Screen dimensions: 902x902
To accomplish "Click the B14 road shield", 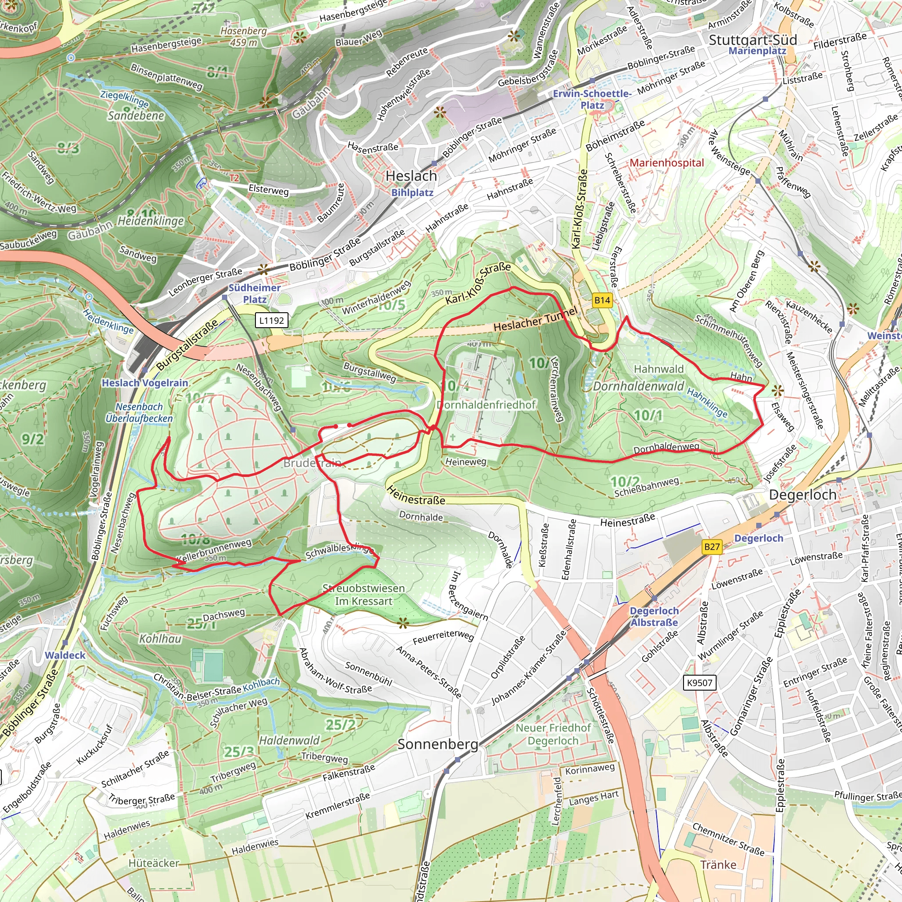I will (x=602, y=300).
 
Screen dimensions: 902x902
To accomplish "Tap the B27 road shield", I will (x=712, y=547).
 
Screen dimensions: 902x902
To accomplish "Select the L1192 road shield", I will (x=272, y=320).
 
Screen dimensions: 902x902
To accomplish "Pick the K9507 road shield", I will (x=699, y=683).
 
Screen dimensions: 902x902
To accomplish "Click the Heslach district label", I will (x=411, y=177).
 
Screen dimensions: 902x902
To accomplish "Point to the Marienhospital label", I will (x=666, y=163).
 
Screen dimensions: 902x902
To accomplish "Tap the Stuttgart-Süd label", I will (x=753, y=40).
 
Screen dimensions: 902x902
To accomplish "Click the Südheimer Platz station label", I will (x=255, y=294).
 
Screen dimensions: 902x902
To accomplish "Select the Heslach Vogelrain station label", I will (x=145, y=383).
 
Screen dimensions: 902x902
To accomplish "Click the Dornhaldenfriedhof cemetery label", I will (x=486, y=405).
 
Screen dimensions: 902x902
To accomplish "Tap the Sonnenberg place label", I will (x=437, y=744).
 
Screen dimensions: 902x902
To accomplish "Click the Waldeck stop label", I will (x=65, y=655).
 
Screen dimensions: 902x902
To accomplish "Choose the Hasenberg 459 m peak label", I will (x=244, y=37).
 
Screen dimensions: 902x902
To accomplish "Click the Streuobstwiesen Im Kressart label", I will (x=364, y=594).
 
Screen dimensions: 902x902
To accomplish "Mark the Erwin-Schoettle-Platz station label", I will (x=592, y=99).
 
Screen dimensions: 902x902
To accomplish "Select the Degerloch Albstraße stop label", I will (x=654, y=616).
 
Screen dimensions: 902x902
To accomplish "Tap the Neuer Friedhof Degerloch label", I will (x=553, y=734).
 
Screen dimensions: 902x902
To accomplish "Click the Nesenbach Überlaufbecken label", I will (x=139, y=413).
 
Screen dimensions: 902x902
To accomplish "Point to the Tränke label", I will (x=718, y=865).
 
